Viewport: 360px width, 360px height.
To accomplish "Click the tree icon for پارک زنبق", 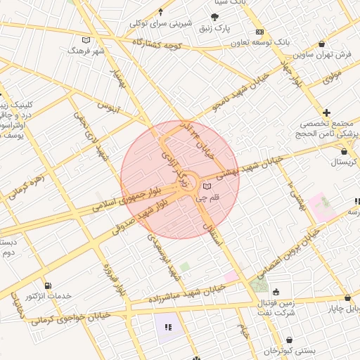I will tap(214, 17).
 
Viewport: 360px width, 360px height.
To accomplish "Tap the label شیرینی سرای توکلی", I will tap(161, 23).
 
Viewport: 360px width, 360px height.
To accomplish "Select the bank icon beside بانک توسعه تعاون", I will tap(259, 32).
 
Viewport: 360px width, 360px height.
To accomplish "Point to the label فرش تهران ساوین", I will tap(321, 54).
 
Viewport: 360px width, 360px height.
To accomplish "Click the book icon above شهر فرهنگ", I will tap(86, 40).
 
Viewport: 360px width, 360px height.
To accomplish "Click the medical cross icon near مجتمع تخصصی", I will tap(326, 112).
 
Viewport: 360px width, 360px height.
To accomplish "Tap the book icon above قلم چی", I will tap(206, 186).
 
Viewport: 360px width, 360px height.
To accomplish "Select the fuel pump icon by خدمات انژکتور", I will tap(48, 285).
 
